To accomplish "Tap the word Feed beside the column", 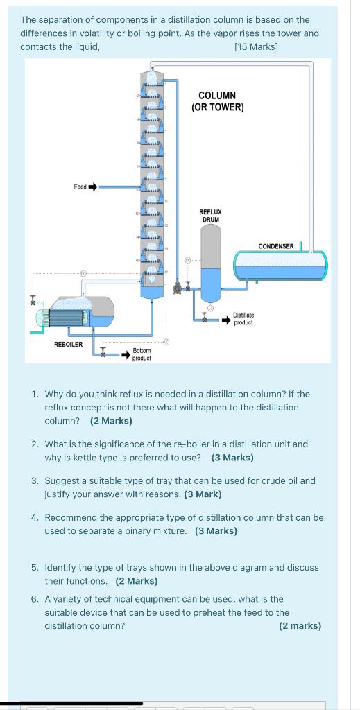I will click(x=80, y=186).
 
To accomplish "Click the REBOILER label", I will click(x=69, y=344).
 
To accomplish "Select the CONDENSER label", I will click(x=276, y=246).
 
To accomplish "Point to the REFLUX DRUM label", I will click(x=210, y=215).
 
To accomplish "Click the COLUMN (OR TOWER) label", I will click(x=217, y=101).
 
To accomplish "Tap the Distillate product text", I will click(x=243, y=318).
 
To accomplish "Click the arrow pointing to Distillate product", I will click(x=226, y=320).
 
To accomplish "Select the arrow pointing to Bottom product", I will click(x=126, y=354).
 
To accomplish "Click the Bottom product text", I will click(x=142, y=354).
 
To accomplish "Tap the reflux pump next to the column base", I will click(x=178, y=286).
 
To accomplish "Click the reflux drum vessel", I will click(x=211, y=263).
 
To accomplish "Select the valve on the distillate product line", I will click(x=205, y=318).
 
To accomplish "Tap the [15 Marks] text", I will click(x=257, y=46).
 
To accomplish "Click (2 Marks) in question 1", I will click(x=111, y=421).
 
